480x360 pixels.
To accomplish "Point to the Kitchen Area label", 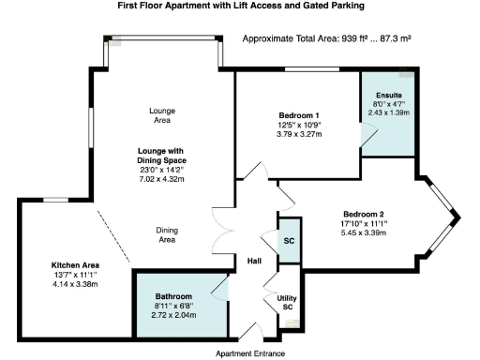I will click(x=71, y=265).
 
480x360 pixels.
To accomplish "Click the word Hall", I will click(x=253, y=261).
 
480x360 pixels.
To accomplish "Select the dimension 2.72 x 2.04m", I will click(x=176, y=316).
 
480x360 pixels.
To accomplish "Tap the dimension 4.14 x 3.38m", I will click(x=71, y=284).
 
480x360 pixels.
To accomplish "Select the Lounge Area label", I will click(x=162, y=115).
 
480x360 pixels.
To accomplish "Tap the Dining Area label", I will click(x=167, y=234).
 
